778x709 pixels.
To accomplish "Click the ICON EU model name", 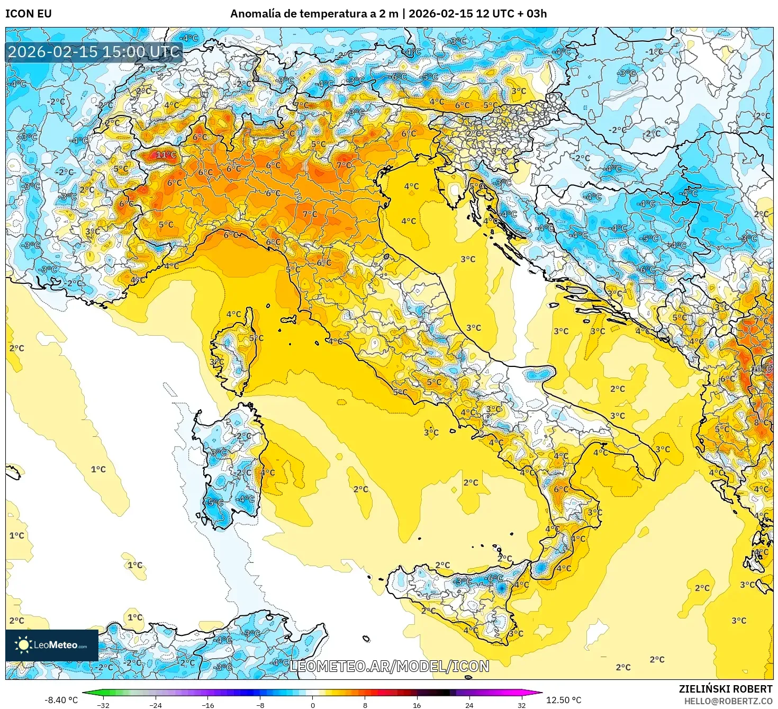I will (x=29, y=14).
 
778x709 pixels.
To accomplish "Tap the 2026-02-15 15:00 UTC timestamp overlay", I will (x=94, y=52).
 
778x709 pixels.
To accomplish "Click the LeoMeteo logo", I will (x=52, y=645).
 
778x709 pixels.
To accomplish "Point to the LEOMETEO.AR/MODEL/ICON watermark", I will (x=389, y=666).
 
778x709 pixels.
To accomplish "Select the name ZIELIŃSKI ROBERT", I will (x=725, y=689).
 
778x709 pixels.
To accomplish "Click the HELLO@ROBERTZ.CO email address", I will (x=728, y=701).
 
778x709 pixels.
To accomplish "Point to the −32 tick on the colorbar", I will (x=103, y=705).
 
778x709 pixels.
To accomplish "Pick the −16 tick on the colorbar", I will (x=208, y=705).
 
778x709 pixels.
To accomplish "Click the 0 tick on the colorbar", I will (x=313, y=705).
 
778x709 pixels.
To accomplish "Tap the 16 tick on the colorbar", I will (x=417, y=705).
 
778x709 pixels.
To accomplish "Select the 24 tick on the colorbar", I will (x=469, y=705).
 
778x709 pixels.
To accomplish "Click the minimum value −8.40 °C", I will (x=61, y=700).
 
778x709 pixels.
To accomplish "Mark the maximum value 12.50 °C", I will (x=563, y=700).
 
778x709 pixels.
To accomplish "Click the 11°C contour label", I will (x=166, y=155).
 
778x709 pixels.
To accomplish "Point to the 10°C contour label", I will (x=761, y=369).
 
